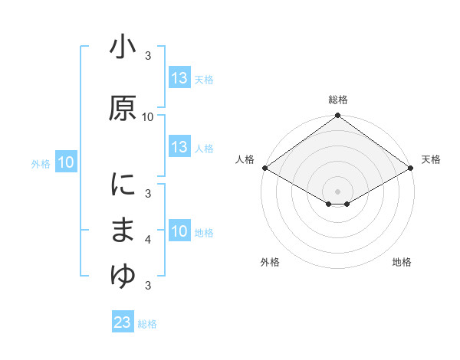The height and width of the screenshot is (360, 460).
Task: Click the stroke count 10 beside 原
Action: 148,116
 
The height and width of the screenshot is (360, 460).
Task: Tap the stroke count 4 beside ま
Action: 148,240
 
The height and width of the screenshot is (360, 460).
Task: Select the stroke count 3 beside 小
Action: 148,56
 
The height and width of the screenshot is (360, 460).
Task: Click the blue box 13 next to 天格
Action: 179,78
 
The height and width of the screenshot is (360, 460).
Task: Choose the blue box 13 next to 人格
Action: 179,147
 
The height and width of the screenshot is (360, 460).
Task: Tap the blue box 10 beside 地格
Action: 179,231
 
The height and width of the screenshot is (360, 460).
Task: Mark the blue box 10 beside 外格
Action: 66,162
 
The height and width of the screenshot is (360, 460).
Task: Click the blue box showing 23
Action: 123,322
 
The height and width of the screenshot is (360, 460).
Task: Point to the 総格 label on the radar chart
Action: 338,100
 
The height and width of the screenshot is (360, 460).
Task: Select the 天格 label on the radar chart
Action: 431,159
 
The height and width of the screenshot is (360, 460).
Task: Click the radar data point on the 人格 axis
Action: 264,168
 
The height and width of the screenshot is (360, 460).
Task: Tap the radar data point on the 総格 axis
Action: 338,116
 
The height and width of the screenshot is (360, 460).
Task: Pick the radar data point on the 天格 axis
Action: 412,168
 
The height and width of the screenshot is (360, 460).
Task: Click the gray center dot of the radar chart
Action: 338,190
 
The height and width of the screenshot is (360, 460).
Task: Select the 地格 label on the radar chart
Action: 402,262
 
